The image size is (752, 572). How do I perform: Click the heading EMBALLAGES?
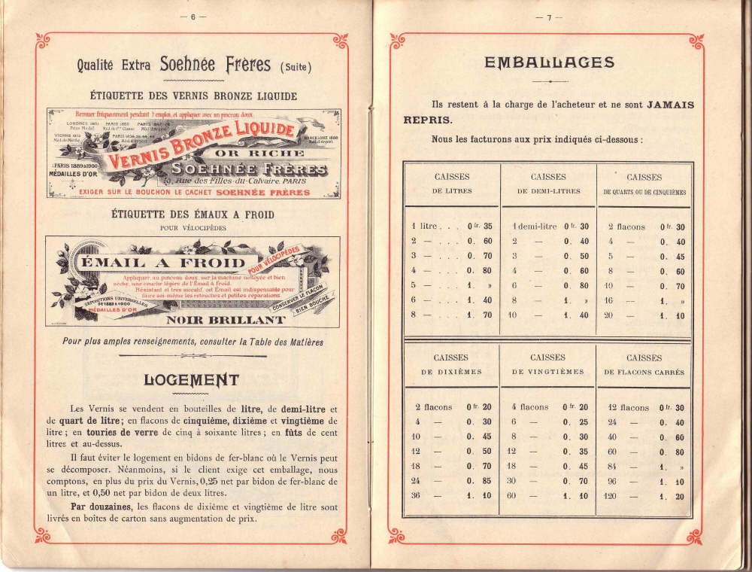point(549,63)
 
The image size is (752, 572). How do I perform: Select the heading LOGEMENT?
point(191,380)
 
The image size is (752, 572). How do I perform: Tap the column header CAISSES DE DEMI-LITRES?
point(548,184)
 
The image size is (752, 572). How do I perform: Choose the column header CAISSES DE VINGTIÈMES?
point(547,364)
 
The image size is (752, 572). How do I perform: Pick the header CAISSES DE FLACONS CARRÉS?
point(644,364)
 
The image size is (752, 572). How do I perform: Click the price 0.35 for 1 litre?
point(479,227)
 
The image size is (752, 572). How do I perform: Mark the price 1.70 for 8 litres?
point(479,315)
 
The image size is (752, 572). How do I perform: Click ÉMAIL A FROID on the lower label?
point(162,263)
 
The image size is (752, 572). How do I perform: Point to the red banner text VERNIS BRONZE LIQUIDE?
point(203,146)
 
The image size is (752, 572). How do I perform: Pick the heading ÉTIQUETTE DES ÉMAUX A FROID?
point(192,214)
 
